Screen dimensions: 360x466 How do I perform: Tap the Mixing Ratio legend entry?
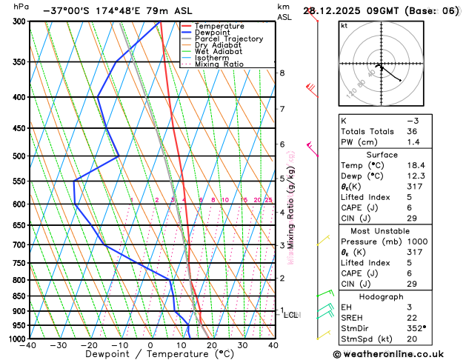(219, 64)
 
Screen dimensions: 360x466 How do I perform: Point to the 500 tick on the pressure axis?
(16, 156)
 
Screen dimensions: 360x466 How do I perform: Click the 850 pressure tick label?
(16, 296)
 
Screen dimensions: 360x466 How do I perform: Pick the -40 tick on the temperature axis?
(29, 345)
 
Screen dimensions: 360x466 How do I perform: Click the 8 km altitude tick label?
(282, 73)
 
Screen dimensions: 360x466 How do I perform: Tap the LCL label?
(291, 315)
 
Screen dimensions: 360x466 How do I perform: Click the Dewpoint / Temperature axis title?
(150, 354)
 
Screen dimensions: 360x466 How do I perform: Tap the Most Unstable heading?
(397, 231)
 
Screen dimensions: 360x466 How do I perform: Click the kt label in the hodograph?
(344, 25)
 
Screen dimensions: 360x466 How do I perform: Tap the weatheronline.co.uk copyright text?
(397, 354)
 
